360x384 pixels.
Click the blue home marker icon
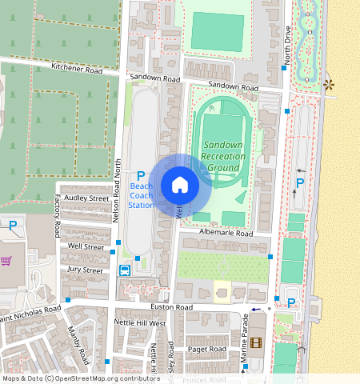tap(180, 185)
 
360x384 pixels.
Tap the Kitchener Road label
tap(78, 71)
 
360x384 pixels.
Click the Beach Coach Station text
tap(142, 195)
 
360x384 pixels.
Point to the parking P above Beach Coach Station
tap(141, 175)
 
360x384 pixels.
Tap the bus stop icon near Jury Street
tap(125, 270)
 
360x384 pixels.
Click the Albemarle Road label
tap(229, 234)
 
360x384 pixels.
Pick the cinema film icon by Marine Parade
tap(255, 343)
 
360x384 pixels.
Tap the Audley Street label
tap(86, 198)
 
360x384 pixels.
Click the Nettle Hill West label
tap(140, 324)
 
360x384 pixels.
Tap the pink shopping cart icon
tap(6, 261)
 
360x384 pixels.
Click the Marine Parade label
tap(245, 337)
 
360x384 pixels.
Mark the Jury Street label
tap(86, 270)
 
